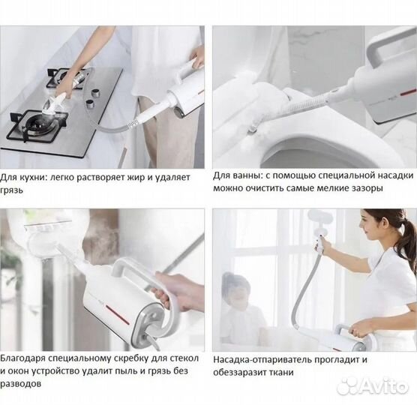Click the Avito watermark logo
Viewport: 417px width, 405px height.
pos(372,386)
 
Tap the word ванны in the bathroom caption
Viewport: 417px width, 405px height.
pos(244,175)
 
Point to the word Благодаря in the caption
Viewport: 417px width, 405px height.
pos(22,358)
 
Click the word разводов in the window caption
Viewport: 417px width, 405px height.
pos(20,384)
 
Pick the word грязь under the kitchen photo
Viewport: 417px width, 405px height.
pos(11,190)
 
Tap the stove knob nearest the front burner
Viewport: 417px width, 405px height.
pos(90,104)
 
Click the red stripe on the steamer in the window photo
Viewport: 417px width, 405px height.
pos(118,314)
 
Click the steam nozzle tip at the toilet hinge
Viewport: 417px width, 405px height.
pos(253,130)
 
